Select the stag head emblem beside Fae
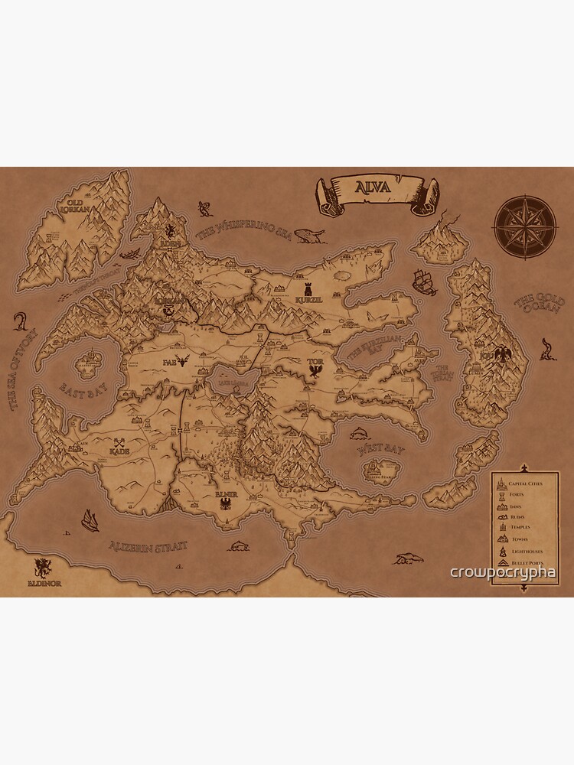click(183, 360)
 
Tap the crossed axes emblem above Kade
click(119, 442)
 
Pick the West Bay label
click(378, 452)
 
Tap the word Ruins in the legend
click(517, 517)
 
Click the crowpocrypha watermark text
click(503, 572)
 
